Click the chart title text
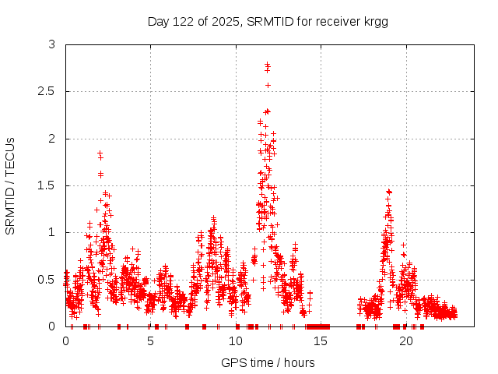point(268,22)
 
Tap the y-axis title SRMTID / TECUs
point(11,185)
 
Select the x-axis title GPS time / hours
point(268,362)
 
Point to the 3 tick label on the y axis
point(51,45)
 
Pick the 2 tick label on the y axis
point(51,139)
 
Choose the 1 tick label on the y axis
point(51,232)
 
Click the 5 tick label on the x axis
point(151,341)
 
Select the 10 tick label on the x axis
point(236,341)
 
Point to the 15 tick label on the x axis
point(321,341)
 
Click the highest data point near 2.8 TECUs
point(268,65)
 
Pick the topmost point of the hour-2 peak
point(100,153)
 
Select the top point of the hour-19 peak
point(388,191)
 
